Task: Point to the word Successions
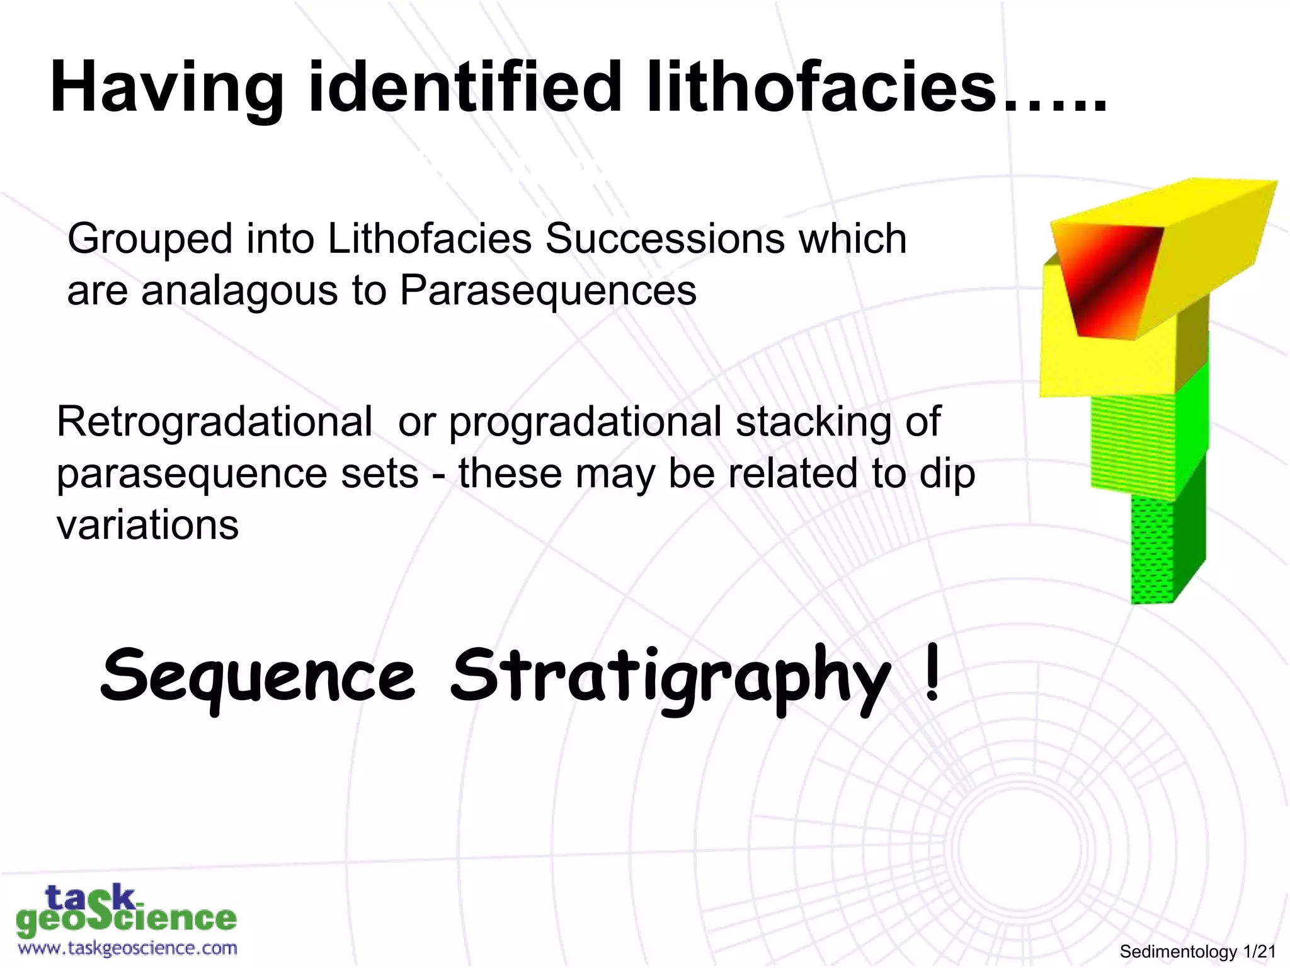click(664, 239)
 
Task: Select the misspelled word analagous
click(240, 291)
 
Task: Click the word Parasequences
click(548, 291)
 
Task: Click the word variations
click(147, 524)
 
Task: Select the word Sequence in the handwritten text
click(258, 677)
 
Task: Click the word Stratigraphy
click(671, 677)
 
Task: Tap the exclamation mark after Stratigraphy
click(933, 673)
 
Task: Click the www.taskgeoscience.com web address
click(128, 948)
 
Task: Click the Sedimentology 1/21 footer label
click(1197, 952)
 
